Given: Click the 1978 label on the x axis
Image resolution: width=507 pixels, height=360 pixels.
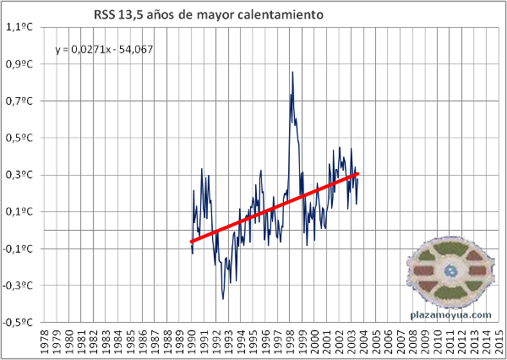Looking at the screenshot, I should point(45,343).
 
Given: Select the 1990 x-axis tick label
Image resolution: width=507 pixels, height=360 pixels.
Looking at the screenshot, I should point(192,343).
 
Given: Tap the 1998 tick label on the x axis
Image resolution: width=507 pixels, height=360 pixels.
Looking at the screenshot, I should point(291,343).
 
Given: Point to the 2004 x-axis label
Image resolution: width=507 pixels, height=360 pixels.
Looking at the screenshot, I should point(364,343).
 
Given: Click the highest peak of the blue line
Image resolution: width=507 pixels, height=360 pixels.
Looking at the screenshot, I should point(292,73).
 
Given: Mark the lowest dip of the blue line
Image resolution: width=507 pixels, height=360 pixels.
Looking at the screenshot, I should point(223,298).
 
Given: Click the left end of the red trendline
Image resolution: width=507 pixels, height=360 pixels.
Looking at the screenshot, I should point(192,242).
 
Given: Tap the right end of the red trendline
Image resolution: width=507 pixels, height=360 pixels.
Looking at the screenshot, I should point(357,174).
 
